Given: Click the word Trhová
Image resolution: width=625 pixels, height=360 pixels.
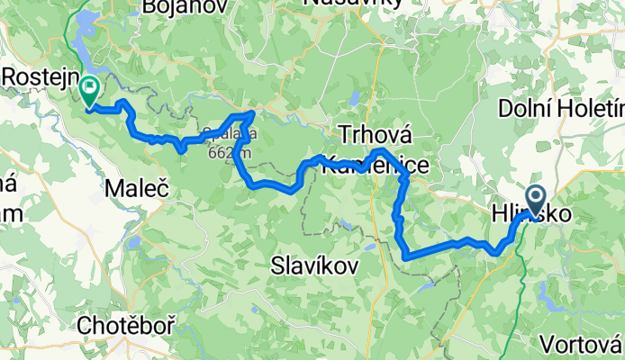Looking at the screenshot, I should pos(375,135).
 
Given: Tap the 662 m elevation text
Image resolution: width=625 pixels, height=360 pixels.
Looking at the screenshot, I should pos(228,153).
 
